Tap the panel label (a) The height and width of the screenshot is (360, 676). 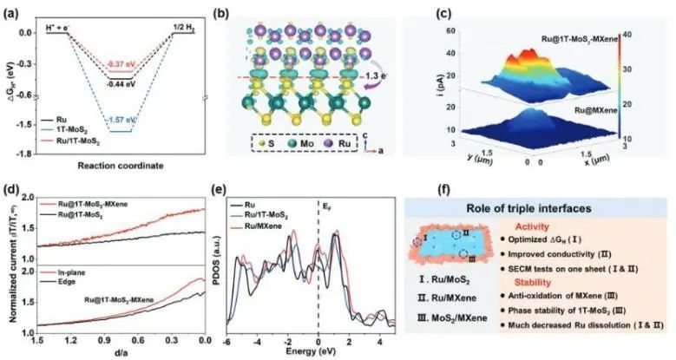coord(11,9)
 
